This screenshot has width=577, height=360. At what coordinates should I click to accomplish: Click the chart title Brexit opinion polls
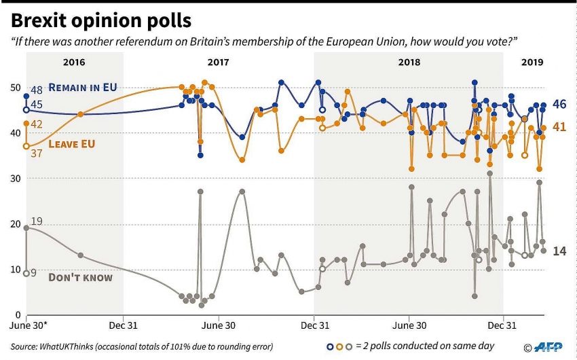[101, 20]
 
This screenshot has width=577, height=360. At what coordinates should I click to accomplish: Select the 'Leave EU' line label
[71, 144]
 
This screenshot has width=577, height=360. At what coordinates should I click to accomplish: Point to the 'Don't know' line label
[81, 277]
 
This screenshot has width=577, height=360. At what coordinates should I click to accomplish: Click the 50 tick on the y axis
[14, 88]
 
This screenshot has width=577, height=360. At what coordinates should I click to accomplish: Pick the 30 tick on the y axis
[14, 178]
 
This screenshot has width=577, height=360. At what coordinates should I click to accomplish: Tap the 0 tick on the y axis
[17, 314]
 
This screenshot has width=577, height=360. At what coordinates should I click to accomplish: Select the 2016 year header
[74, 62]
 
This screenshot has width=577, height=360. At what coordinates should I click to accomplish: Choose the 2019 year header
[532, 62]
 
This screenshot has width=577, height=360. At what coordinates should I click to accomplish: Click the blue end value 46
[559, 105]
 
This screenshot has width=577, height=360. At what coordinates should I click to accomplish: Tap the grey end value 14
[559, 251]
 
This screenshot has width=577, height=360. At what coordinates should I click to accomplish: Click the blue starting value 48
[37, 90]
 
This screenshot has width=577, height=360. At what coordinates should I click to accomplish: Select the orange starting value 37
[37, 154]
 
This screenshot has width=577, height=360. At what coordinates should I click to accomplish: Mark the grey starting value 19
[37, 221]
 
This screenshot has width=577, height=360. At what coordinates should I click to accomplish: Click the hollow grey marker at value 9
[26, 273]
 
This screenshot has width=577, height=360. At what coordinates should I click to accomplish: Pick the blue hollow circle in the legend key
[330, 346]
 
